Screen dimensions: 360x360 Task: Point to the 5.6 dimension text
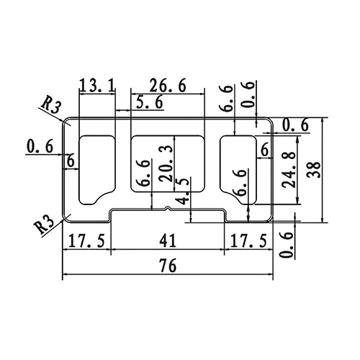149,104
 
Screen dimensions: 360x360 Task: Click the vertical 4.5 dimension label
186,192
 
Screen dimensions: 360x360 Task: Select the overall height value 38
312,170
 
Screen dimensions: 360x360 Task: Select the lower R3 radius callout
46,224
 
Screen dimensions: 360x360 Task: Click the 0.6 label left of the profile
40,147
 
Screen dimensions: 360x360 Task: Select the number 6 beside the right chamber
265,150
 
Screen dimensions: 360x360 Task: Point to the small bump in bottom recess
168,210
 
